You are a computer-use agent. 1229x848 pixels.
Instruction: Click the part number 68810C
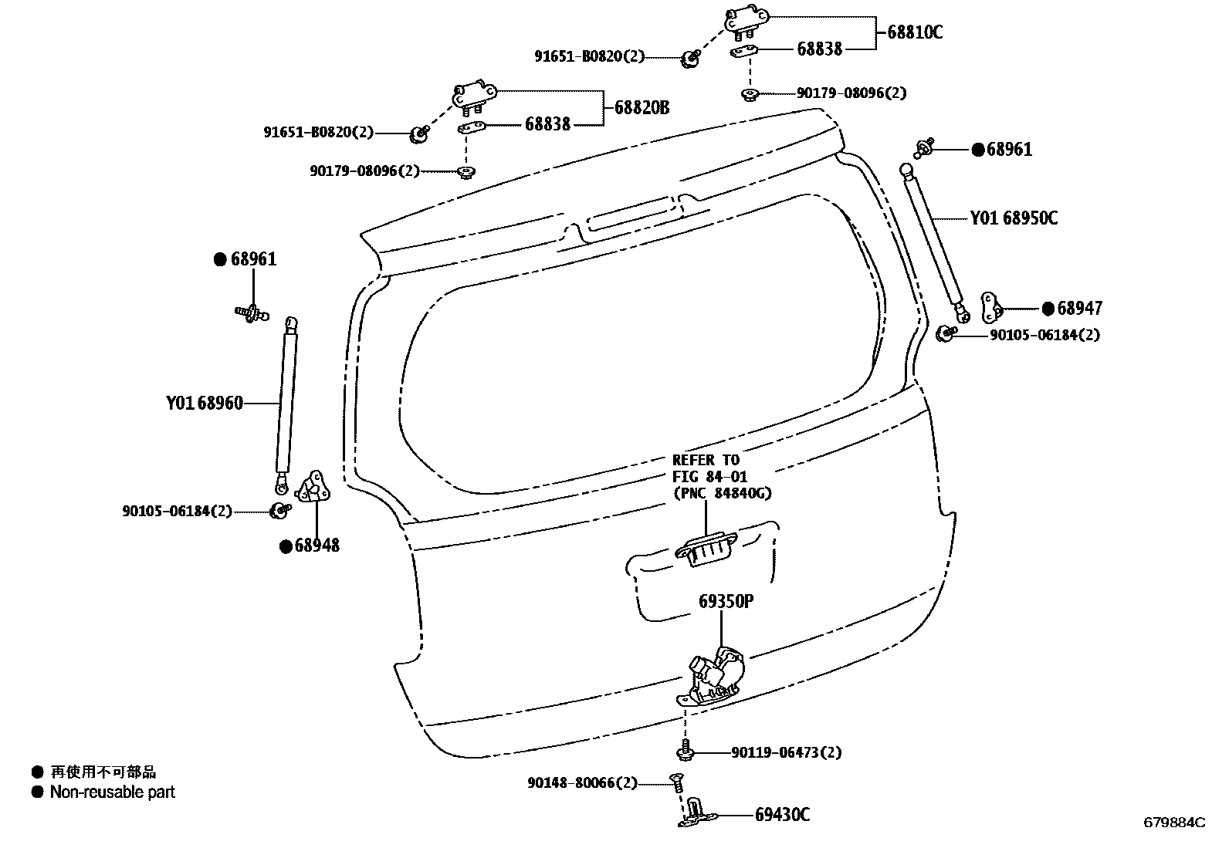(915, 32)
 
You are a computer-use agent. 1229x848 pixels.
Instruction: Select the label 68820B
(642, 108)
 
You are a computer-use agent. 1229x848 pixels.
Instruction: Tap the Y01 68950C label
(1014, 218)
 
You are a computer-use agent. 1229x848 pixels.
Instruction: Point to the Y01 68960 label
(205, 403)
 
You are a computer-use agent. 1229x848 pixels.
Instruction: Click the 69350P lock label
(726, 600)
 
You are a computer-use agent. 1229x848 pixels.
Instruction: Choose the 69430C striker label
(782, 815)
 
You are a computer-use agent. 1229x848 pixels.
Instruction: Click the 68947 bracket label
(1079, 309)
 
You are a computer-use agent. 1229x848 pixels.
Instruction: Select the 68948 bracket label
(317, 546)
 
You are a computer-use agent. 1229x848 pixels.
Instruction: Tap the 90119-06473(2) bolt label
(786, 752)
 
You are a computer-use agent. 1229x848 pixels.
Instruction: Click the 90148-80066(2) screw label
(583, 783)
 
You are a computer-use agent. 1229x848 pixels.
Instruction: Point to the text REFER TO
(706, 461)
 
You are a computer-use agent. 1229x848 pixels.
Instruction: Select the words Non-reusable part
(113, 792)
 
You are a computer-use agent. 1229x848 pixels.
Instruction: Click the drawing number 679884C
(1173, 823)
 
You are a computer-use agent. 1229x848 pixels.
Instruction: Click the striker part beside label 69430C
(697, 814)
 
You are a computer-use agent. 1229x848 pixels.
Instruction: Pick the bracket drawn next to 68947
(990, 308)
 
